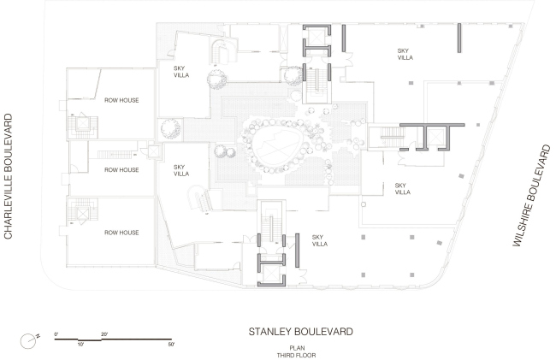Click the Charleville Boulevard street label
[9, 176]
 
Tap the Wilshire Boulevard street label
[532, 196]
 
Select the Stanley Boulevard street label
[301, 332]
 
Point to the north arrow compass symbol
[30, 340]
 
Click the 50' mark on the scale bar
[171, 344]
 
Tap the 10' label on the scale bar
[81, 344]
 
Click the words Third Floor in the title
[297, 355]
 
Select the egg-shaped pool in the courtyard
[277, 147]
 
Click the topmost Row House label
[121, 100]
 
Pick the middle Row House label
[121, 169]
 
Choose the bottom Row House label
[121, 233]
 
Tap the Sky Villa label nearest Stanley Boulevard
[320, 240]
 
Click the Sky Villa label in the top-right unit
[405, 54]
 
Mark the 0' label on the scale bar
[56, 334]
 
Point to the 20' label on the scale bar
[104, 334]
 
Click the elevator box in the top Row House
[83, 123]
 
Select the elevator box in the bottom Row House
[83, 214]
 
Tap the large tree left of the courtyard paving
[170, 128]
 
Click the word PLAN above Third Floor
[297, 348]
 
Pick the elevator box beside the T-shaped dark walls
[435, 137]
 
